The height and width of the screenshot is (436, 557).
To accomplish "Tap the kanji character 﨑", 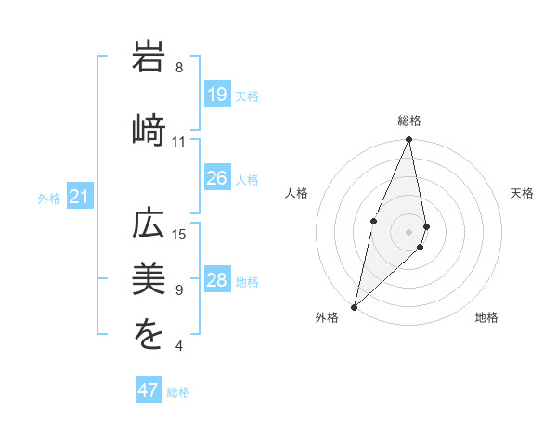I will click(149, 130).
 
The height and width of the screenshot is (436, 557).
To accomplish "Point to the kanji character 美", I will click(149, 280).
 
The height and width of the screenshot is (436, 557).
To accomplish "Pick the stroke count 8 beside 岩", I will click(179, 68).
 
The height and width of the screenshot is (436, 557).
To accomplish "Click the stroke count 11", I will click(179, 142).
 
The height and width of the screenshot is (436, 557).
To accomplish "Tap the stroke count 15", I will click(179, 234).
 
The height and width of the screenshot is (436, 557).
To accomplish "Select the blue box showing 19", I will click(217, 95).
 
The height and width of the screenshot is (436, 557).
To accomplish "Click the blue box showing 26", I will click(217, 178).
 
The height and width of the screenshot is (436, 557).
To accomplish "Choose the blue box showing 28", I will click(217, 280).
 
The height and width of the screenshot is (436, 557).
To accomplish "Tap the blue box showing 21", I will click(80, 197).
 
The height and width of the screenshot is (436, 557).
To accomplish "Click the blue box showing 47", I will click(149, 391).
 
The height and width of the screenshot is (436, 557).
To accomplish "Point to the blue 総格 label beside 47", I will click(178, 392).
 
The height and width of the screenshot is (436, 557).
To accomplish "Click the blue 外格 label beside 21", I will click(49, 198).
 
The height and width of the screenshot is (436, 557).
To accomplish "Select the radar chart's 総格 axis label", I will click(409, 121).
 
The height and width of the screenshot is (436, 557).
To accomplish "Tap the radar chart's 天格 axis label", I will click(523, 193).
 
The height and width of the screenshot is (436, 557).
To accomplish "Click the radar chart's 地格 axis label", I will click(486, 317).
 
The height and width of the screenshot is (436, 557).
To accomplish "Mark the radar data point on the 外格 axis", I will click(354, 306).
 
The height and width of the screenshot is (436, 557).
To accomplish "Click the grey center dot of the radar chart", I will click(409, 231).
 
